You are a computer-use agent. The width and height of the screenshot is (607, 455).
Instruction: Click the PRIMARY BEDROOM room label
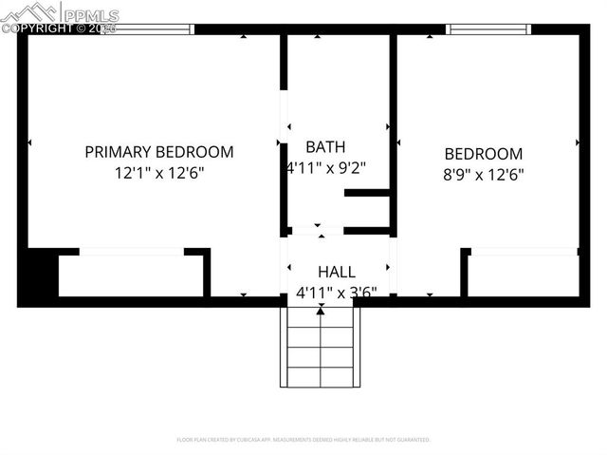(x=159, y=152)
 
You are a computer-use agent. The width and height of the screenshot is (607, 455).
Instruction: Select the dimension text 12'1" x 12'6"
(x=159, y=174)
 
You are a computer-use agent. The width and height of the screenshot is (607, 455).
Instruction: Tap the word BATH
(x=325, y=147)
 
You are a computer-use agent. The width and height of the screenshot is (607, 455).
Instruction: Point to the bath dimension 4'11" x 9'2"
(x=325, y=168)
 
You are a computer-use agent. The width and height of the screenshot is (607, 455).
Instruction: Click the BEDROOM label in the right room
(x=484, y=154)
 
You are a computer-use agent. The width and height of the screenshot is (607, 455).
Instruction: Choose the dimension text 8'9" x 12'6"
(x=484, y=175)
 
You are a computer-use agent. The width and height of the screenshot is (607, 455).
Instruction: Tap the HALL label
(x=337, y=272)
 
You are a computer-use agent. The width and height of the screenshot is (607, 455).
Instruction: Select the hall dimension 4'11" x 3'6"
(x=337, y=293)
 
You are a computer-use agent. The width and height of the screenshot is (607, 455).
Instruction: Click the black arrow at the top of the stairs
(x=321, y=310)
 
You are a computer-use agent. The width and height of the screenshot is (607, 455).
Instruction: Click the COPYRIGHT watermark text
(x=57, y=28)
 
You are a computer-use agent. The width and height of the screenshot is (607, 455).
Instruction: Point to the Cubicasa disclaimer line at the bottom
(x=303, y=440)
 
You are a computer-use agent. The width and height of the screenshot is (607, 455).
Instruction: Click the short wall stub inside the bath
(x=367, y=193)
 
